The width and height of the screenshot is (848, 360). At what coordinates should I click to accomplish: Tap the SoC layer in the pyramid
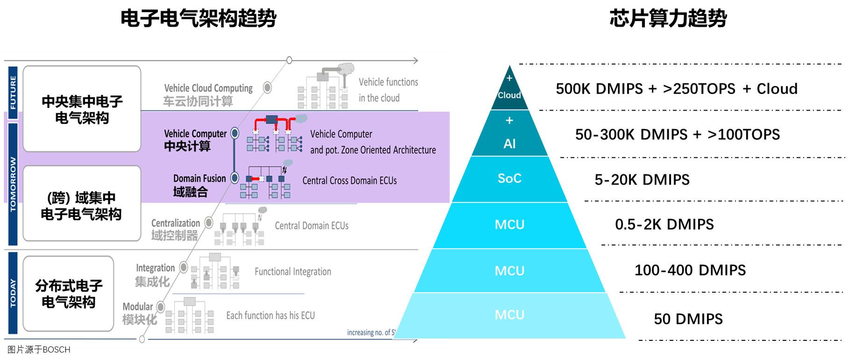[x=509, y=178]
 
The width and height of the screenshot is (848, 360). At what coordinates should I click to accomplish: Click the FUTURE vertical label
[x=13, y=92]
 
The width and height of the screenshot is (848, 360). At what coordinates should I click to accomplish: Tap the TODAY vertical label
[x=13, y=293]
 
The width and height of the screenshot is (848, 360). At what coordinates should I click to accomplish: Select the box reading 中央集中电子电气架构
[x=82, y=109]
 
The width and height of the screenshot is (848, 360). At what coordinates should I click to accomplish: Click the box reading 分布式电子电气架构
[x=69, y=294]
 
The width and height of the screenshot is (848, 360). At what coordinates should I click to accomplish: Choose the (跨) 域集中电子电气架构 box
[x=82, y=205]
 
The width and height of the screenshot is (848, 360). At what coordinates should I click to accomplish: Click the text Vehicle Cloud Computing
[x=208, y=88]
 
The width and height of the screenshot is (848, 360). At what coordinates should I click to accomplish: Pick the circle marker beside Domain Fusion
[x=235, y=178]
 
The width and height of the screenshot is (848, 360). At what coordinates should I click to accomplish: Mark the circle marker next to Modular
[x=161, y=307]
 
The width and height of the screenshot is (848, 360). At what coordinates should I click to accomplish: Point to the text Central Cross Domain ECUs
[x=349, y=181]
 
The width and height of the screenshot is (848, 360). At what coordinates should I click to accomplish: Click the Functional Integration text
[x=293, y=272]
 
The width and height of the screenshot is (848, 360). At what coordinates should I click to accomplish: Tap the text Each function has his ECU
[x=270, y=316]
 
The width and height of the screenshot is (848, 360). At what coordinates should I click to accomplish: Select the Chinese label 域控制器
[x=175, y=235]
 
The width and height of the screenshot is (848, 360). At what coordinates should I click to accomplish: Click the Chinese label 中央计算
[x=187, y=146]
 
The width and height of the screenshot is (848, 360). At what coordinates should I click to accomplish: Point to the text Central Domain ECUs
[x=311, y=226]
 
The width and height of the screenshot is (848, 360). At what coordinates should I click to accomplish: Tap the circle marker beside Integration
[x=184, y=268]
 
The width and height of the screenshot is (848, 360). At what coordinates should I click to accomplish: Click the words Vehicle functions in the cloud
[x=388, y=90]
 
